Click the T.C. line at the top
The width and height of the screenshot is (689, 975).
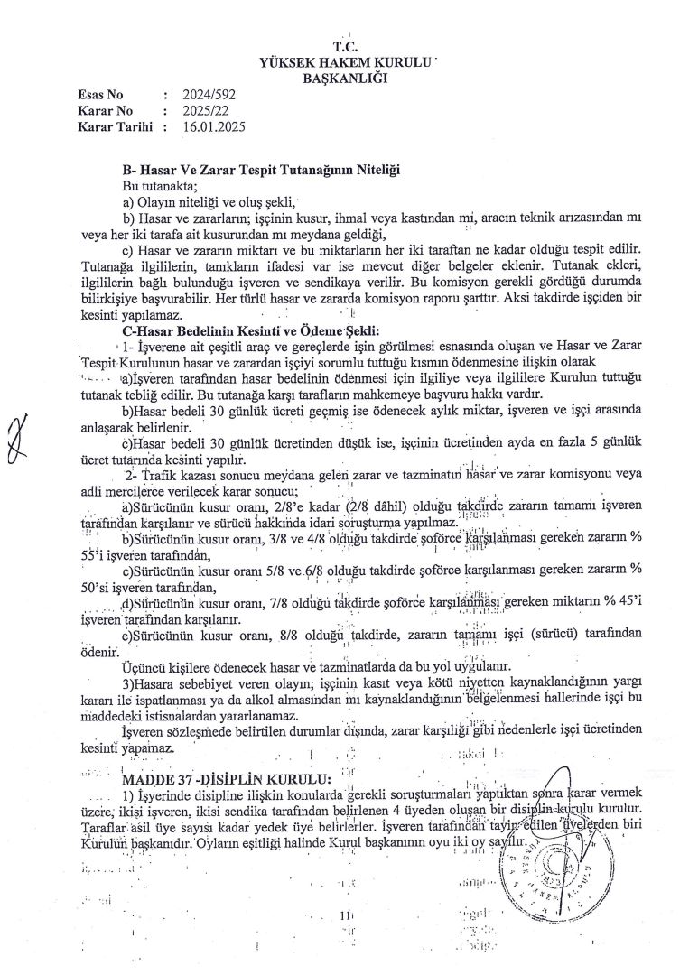(345, 47)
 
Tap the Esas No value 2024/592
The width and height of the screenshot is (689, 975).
(208, 95)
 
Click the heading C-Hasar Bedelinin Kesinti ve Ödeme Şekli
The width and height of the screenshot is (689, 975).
(251, 330)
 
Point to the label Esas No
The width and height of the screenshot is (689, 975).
(100, 95)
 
